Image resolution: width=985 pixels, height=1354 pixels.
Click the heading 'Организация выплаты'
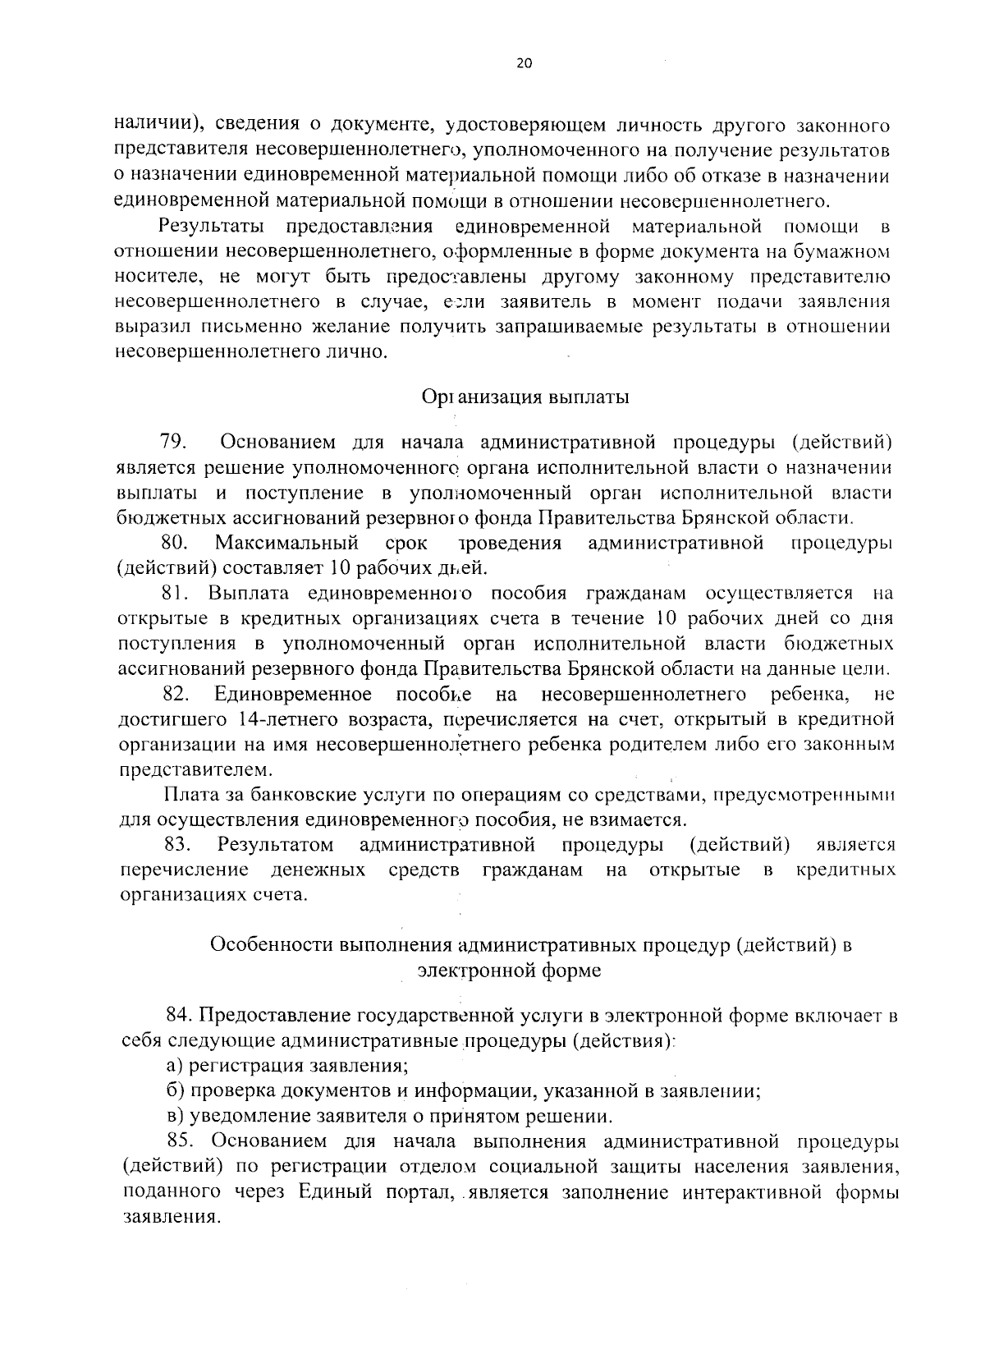coord(525,397)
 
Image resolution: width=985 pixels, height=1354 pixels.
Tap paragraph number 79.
coord(175,443)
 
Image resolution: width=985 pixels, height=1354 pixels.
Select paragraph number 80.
coord(176,543)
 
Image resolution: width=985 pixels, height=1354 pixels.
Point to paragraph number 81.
coord(176,593)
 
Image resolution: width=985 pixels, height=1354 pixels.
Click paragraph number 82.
coord(177,695)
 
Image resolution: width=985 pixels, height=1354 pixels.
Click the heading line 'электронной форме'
coord(509,971)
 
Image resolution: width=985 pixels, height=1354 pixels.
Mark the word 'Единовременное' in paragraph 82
coord(293,695)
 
